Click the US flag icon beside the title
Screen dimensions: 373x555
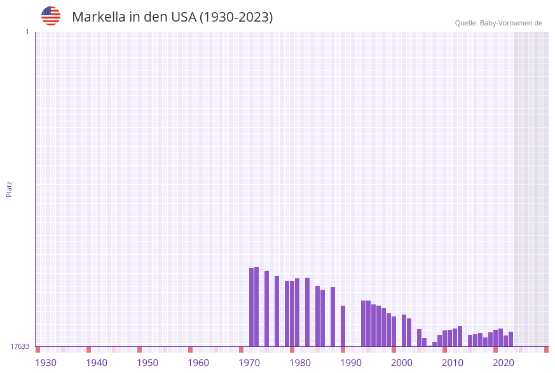click(x=51, y=16)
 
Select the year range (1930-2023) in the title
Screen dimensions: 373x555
click(x=236, y=17)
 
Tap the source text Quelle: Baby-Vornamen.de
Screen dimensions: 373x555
click(x=498, y=23)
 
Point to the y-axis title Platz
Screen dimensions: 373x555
click(x=10, y=189)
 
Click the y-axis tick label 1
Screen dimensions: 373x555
click(x=27, y=32)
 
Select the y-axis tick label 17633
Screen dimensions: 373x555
click(x=20, y=346)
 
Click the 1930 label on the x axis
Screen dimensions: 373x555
click(x=46, y=363)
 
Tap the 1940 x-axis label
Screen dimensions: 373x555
click(x=97, y=363)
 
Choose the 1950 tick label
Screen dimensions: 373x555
click(x=147, y=363)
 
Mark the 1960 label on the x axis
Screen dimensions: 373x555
click(x=198, y=363)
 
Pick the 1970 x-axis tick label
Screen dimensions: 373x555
click(x=249, y=363)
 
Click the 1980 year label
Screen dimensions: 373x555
click(x=300, y=363)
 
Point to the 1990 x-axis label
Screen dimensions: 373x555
click(x=351, y=363)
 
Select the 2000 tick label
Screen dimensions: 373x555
click(x=402, y=363)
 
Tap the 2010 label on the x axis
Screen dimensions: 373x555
click(x=453, y=363)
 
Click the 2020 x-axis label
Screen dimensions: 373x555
click(x=504, y=363)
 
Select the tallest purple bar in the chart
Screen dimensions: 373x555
click(x=257, y=306)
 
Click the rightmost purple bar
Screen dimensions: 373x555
click(x=510, y=339)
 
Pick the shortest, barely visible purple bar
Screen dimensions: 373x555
click(x=430, y=346)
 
